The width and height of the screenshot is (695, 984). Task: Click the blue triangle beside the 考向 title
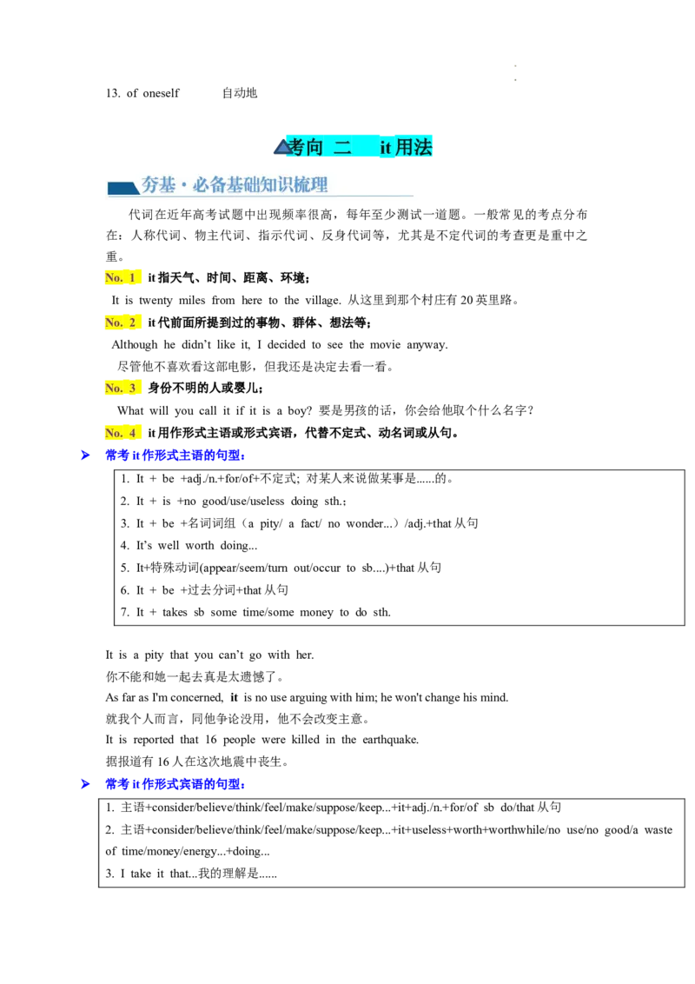[282, 148]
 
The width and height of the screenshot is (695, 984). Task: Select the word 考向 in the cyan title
[305, 148]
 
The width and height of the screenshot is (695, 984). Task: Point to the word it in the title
[385, 148]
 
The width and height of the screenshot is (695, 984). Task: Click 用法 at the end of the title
[414, 148]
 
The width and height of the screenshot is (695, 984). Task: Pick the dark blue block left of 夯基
[122, 188]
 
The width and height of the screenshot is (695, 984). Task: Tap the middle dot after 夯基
[185, 186]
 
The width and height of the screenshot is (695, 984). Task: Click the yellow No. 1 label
[124, 277]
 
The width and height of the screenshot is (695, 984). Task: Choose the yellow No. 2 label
[124, 322]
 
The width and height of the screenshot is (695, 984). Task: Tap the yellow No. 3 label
[124, 388]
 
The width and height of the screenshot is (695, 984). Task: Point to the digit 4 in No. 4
[133, 433]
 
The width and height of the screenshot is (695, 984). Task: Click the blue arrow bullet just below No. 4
[84, 455]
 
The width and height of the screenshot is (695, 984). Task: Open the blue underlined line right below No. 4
[175, 455]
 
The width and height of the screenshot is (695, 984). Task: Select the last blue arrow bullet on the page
[84, 784]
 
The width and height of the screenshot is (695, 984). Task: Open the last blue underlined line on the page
[175, 784]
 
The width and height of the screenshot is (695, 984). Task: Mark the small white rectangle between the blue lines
[292, 560]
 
